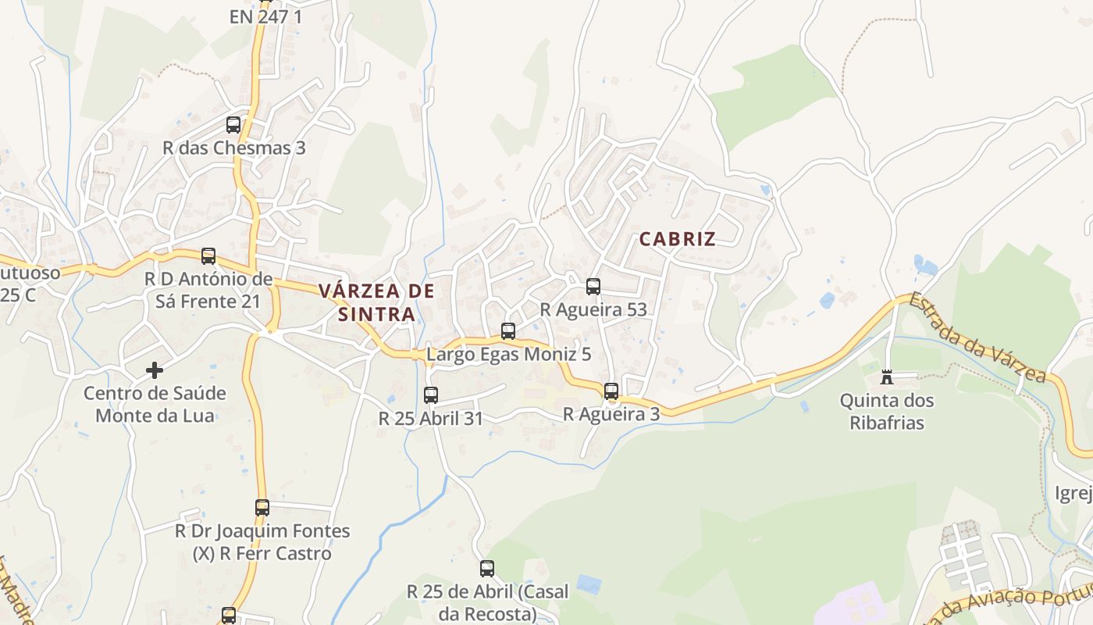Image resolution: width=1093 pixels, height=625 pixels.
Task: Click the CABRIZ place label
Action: coord(677,239)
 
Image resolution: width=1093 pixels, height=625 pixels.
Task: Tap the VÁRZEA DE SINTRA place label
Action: coord(376,303)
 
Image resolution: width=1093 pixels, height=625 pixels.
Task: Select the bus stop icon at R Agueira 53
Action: coord(593,287)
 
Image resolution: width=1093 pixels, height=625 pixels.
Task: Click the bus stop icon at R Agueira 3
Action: coord(611,391)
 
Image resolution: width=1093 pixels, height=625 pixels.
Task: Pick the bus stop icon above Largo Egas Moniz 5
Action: coord(508,331)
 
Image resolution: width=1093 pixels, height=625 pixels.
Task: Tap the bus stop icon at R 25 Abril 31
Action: coord(431,395)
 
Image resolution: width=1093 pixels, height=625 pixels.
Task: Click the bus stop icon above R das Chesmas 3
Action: coord(233,125)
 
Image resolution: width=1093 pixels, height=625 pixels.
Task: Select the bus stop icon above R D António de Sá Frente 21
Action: coord(208,256)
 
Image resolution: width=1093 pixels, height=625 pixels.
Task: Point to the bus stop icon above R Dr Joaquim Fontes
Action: coord(262,508)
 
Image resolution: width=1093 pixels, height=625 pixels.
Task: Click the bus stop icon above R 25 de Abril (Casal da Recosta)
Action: coord(487,569)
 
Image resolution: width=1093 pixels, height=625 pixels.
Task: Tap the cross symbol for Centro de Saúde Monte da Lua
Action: coord(155,370)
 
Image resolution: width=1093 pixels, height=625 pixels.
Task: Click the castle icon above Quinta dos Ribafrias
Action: coord(887,378)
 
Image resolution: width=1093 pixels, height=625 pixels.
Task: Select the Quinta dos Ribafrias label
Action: coord(886,412)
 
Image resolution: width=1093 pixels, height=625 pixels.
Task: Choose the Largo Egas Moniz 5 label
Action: coord(508,354)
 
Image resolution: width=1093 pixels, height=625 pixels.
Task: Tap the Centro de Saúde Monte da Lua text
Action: coord(155,404)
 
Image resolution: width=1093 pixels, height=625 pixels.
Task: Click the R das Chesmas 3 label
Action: coord(233,148)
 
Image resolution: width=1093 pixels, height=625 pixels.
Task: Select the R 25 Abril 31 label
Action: coord(431,418)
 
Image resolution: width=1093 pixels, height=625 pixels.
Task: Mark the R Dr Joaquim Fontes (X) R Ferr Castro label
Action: coord(262,542)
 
